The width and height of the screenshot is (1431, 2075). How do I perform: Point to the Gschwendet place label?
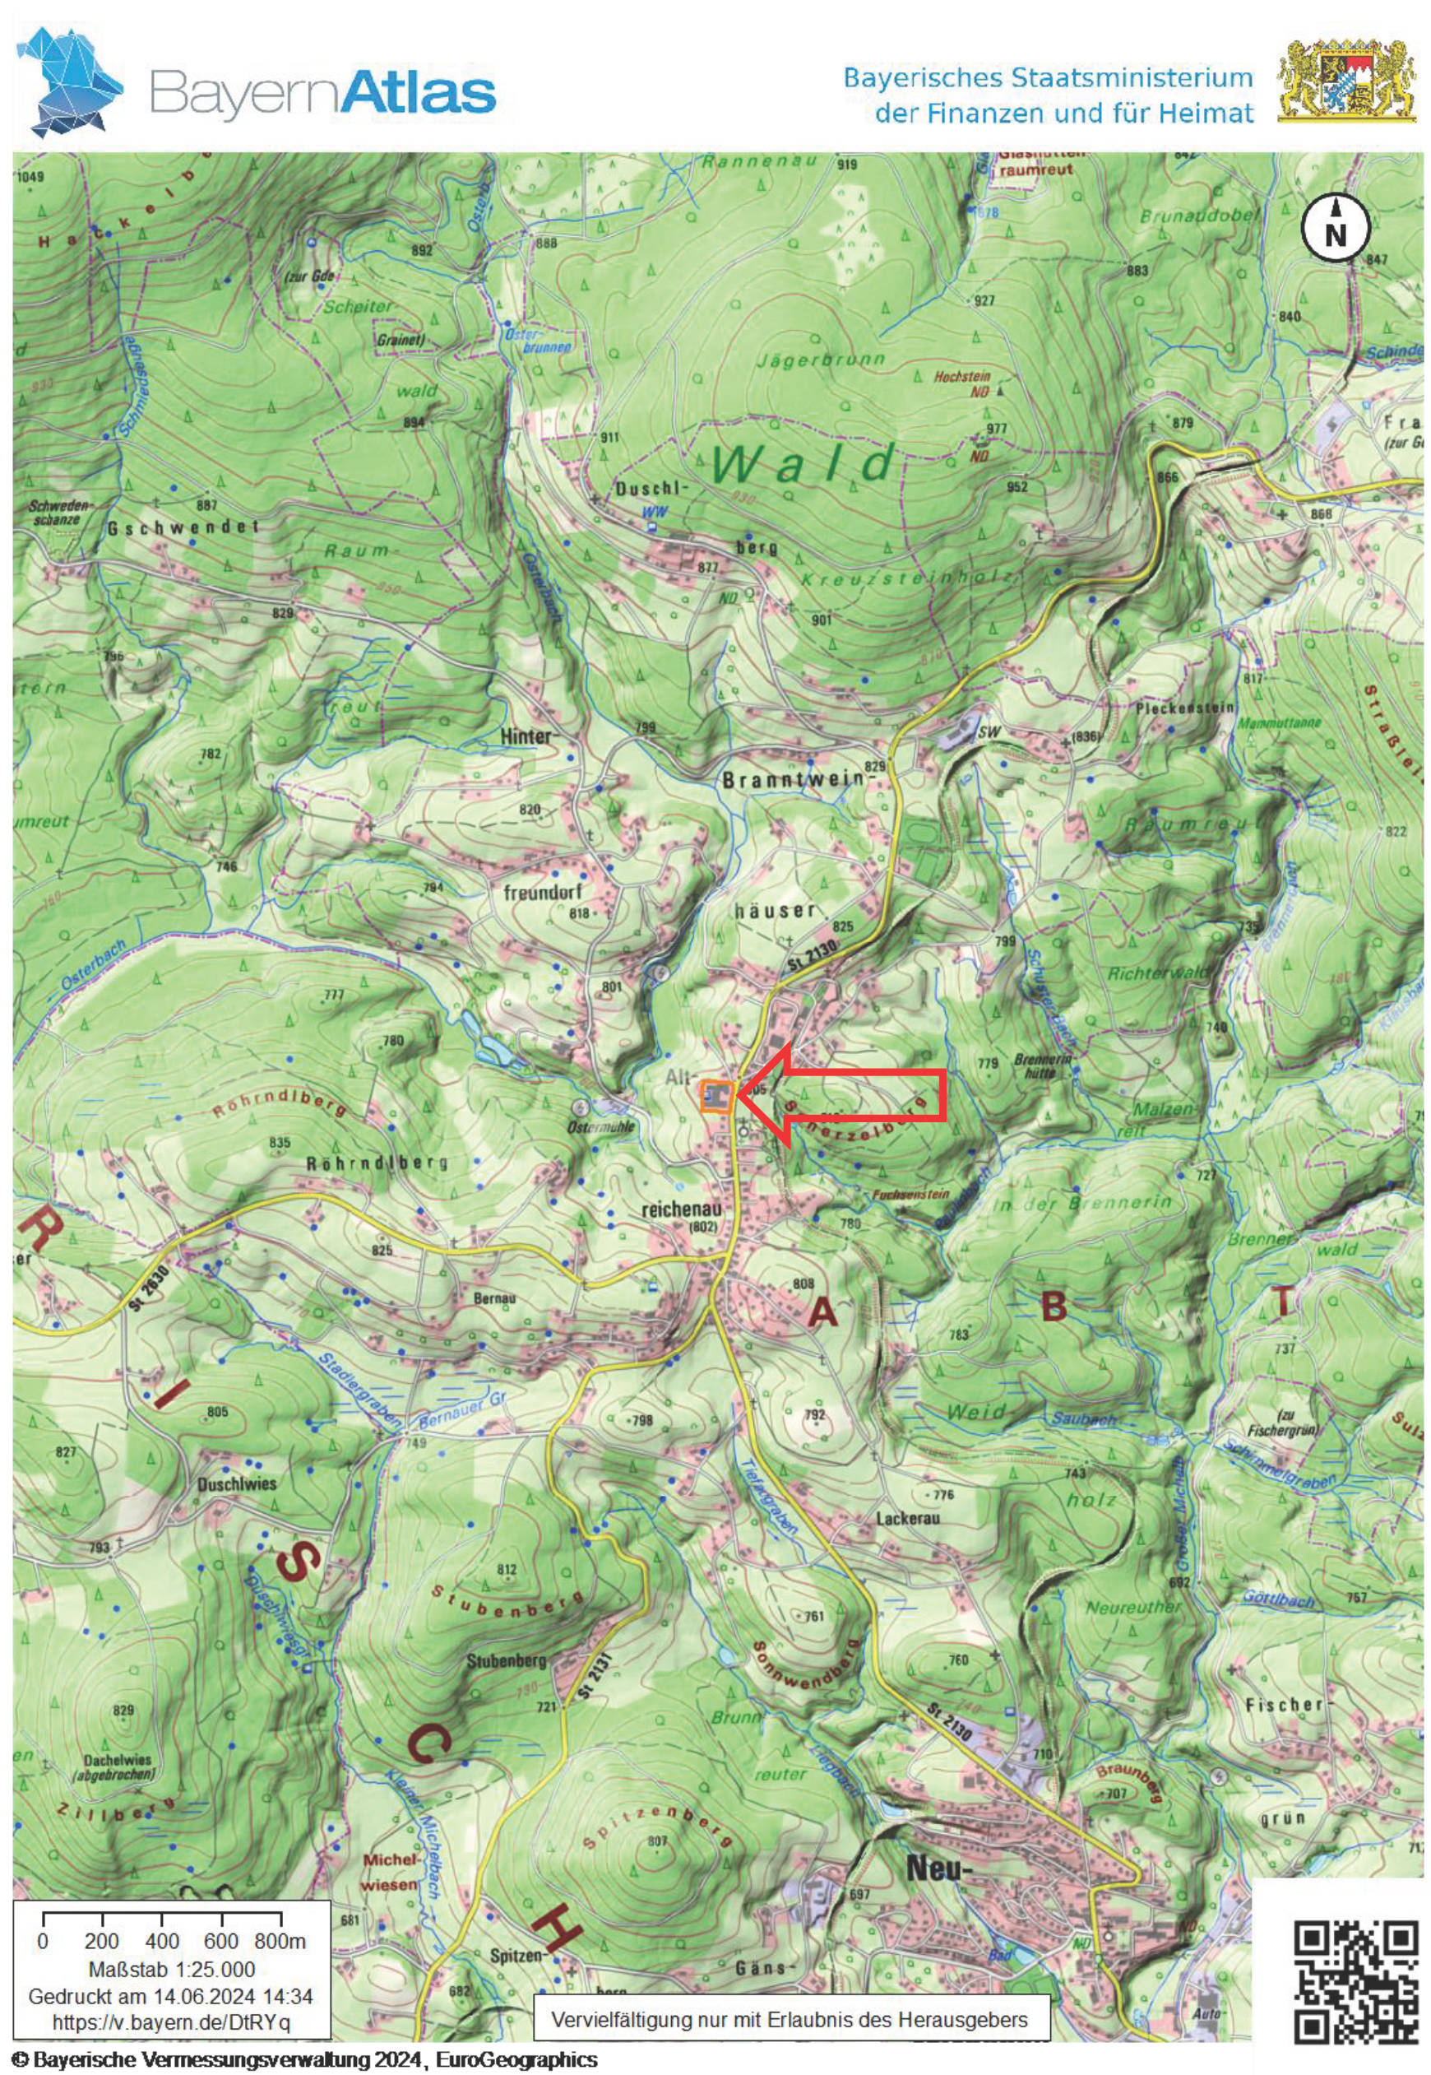[x=183, y=528]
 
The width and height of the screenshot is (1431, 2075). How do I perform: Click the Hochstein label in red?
[x=962, y=378]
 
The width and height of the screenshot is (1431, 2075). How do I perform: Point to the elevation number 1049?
[x=29, y=177]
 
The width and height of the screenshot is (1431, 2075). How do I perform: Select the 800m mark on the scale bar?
[x=280, y=1942]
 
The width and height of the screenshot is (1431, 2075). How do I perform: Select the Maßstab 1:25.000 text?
[x=170, y=1970]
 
